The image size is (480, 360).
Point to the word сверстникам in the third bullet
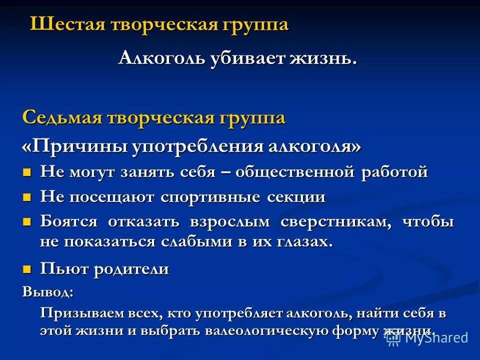click(336, 222)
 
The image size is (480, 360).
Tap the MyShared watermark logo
click(427, 337)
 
